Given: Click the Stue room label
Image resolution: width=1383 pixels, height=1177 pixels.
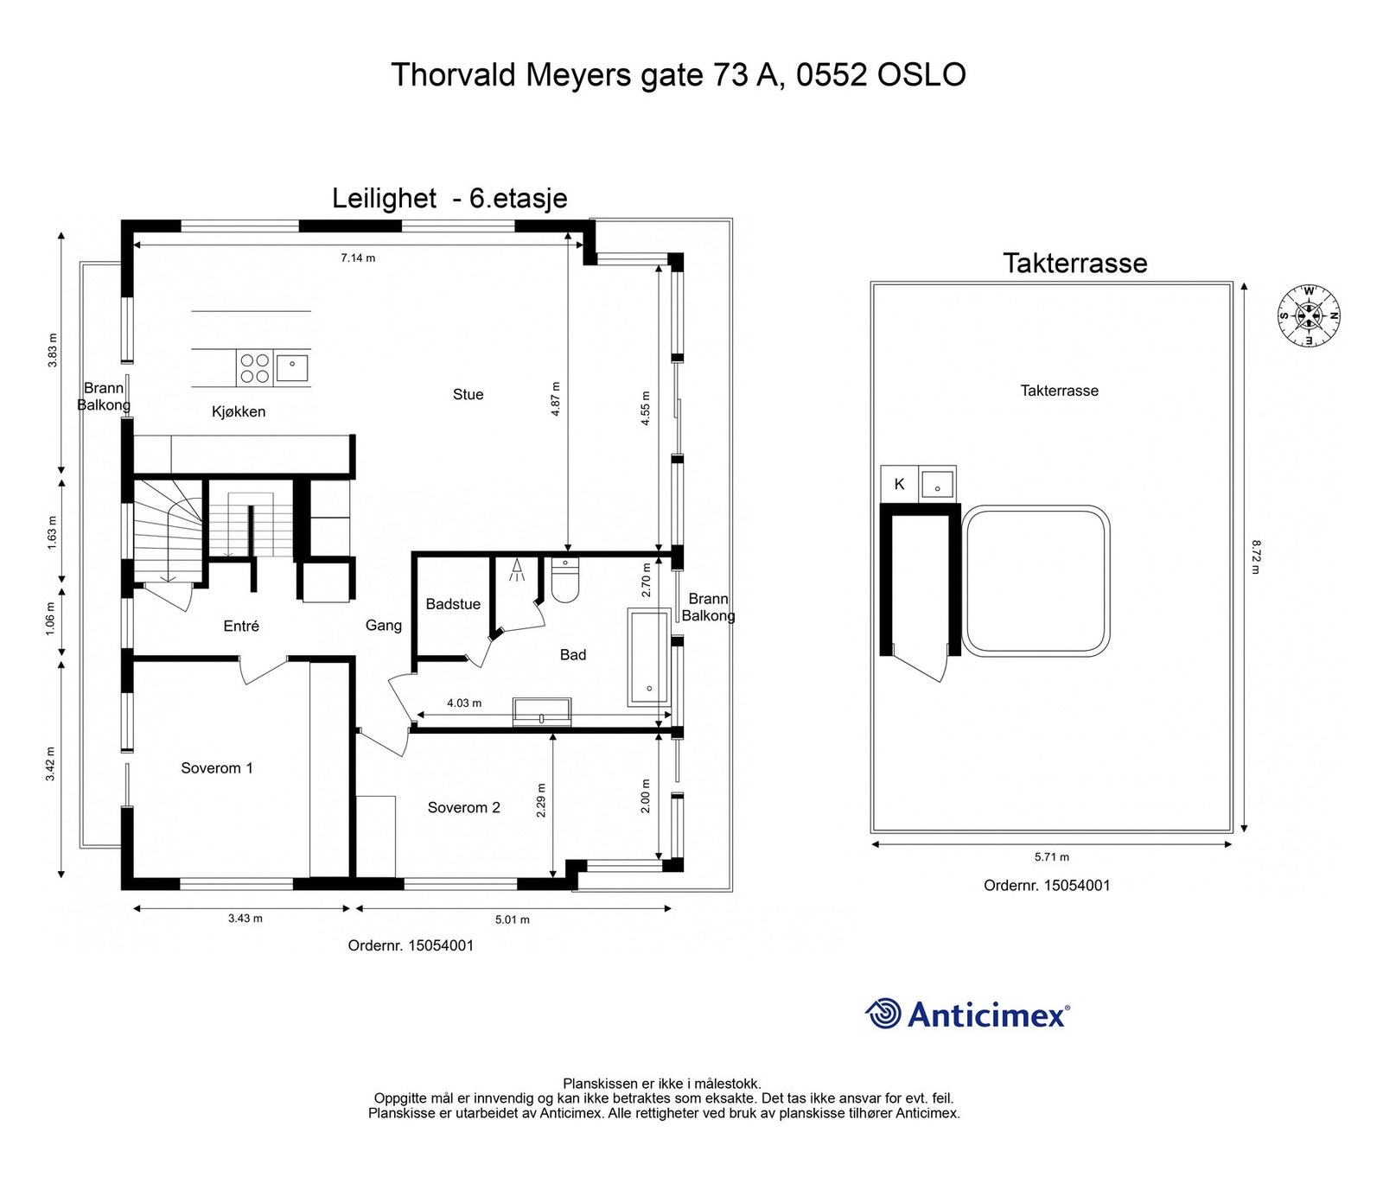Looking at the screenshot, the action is click(x=468, y=394).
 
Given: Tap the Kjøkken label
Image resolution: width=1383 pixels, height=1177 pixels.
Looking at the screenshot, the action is click(x=239, y=412).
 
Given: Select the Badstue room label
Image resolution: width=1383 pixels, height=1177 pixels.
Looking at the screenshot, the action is click(x=453, y=604).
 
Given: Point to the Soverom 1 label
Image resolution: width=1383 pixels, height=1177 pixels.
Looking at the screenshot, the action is click(x=217, y=768).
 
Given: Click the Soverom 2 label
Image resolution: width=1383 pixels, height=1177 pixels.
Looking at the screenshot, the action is click(x=464, y=808).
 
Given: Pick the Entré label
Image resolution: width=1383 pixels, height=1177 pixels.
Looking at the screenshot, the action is click(x=241, y=626).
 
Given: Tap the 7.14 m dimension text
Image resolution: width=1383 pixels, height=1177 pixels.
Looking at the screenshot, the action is click(x=358, y=258).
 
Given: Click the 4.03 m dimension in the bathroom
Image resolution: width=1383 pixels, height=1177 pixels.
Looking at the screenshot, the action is click(x=464, y=703).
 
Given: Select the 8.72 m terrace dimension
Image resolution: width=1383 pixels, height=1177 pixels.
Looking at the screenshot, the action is click(x=1256, y=557).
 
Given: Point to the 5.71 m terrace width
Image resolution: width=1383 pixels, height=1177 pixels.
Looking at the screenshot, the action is click(x=1052, y=857).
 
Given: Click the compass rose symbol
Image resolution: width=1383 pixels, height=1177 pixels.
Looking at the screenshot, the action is click(x=1309, y=315).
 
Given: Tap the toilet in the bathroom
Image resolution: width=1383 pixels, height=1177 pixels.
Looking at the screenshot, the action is click(x=565, y=579).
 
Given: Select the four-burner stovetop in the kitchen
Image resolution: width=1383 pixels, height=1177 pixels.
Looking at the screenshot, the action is click(x=255, y=368).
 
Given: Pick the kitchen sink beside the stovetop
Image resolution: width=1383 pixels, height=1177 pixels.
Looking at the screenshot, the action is click(x=292, y=369).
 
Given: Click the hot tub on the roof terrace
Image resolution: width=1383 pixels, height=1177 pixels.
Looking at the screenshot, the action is click(x=1036, y=581).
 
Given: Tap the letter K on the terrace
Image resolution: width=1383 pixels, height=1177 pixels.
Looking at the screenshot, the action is click(x=899, y=484).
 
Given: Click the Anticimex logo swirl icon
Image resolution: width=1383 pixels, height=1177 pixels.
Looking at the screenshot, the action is click(x=883, y=1014).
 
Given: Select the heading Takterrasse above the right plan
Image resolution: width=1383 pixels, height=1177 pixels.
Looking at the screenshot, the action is click(x=1075, y=263).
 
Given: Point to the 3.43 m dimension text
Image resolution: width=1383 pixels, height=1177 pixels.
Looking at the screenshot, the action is click(x=245, y=918).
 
